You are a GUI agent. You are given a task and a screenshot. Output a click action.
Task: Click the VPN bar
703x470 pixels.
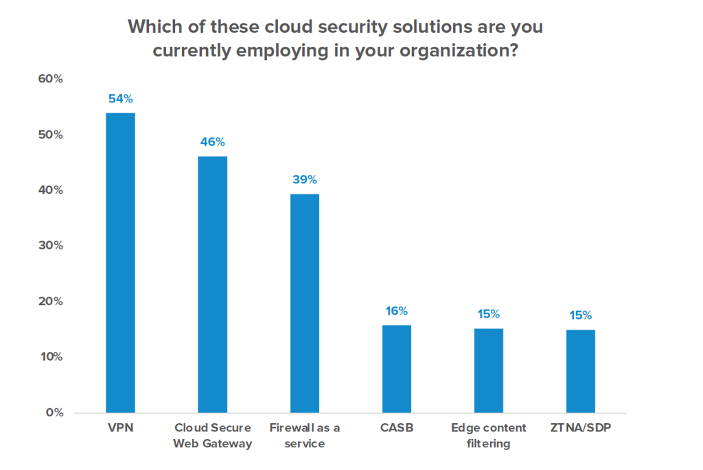[119, 262]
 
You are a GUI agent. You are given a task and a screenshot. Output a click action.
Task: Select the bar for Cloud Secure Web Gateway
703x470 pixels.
[212, 284]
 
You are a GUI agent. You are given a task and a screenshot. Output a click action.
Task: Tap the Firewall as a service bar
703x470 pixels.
[304, 303]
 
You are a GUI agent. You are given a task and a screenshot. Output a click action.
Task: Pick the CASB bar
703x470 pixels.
[397, 369]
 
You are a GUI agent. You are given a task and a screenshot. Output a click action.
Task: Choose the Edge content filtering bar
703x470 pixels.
[488, 370]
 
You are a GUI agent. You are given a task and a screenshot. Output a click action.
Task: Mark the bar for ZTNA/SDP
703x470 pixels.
[580, 371]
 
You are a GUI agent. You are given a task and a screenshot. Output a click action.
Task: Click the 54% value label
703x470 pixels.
[119, 99]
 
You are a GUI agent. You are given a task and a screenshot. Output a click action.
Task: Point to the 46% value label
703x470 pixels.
[212, 142]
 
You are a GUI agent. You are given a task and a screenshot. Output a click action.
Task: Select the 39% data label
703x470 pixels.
[304, 180]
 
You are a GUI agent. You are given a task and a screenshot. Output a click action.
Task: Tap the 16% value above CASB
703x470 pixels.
[397, 311]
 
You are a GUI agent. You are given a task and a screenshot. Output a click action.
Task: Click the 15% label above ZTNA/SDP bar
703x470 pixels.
[580, 316]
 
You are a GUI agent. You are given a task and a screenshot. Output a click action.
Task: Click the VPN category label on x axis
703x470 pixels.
[119, 428]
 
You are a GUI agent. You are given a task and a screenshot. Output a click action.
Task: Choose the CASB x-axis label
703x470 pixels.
[397, 428]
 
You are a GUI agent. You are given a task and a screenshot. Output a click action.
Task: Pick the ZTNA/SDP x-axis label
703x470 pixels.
[580, 428]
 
